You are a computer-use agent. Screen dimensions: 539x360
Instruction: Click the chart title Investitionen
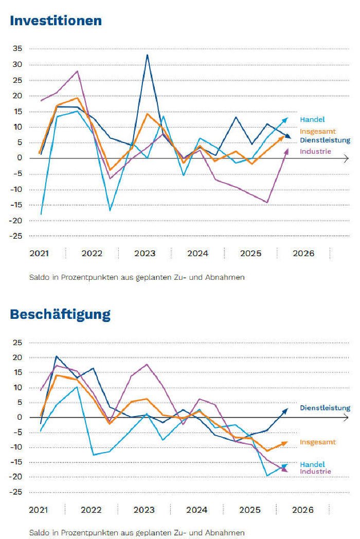(56, 21)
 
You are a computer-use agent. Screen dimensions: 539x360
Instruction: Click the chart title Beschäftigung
(60, 314)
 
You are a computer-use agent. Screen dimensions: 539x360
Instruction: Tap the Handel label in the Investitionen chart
(312, 119)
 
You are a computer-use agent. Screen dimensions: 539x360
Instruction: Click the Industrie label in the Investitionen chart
(315, 151)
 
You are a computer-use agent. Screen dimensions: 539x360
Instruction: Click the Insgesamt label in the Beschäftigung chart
(317, 442)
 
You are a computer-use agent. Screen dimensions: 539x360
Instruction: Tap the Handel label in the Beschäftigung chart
(312, 464)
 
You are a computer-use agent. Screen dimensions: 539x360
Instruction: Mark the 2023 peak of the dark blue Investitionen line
(148, 55)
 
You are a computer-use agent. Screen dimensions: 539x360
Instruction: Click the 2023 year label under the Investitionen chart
(145, 254)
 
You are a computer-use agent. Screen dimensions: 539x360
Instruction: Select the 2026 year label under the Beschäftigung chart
(302, 510)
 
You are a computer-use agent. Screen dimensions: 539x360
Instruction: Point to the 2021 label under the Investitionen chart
(39, 254)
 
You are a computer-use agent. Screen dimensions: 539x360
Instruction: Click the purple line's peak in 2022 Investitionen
(78, 71)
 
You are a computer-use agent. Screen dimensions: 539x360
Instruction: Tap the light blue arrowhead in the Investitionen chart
(286, 120)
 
